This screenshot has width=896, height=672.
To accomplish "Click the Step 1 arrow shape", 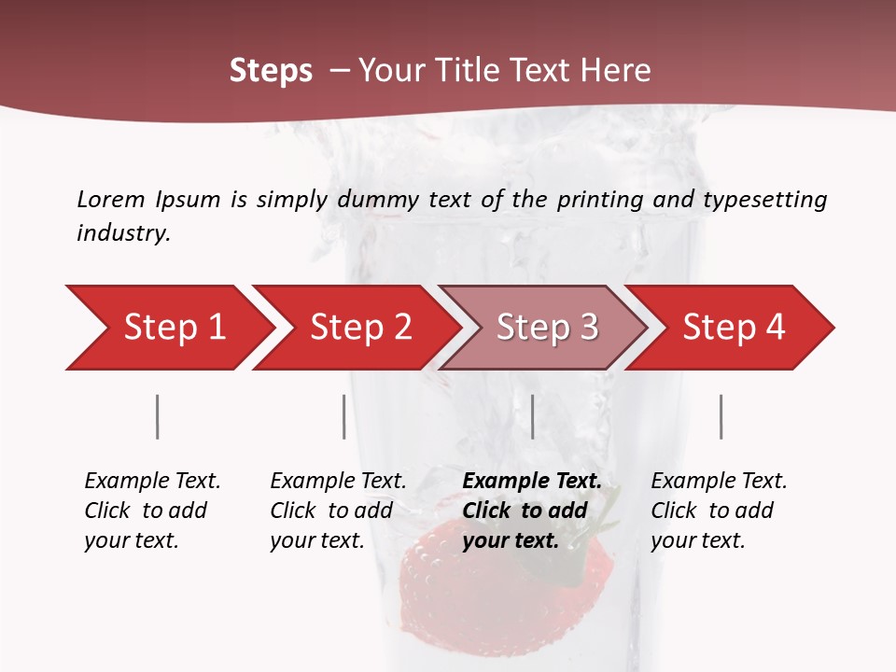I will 173,327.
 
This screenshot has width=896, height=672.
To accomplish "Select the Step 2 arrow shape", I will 359,327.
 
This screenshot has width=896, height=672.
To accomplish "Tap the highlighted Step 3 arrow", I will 546,327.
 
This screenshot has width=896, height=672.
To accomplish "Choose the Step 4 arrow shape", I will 733,327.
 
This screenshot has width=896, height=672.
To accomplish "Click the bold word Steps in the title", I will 271,71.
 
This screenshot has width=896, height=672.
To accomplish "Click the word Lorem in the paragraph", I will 110,199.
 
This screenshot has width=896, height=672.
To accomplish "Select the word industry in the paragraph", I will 122,232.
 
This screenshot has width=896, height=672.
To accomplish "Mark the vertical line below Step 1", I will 158,416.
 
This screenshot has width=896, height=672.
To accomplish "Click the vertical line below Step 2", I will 344,416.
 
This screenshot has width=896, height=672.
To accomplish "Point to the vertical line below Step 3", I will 533,416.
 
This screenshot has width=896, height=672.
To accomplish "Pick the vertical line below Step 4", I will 721,416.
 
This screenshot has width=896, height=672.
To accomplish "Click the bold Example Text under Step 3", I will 532,481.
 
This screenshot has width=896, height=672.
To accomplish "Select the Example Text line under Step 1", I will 152,481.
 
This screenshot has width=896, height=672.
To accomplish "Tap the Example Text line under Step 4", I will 719,481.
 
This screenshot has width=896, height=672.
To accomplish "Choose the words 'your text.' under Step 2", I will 317,540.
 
